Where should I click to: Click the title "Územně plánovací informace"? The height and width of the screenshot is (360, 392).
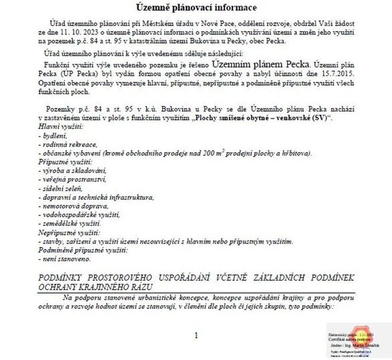tap(196, 7)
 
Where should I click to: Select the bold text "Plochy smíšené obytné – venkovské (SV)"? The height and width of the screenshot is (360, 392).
tap(262, 118)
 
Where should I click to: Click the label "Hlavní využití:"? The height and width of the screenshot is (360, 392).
tap(61, 127)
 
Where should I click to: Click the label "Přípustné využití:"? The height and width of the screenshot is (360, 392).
tap(65, 162)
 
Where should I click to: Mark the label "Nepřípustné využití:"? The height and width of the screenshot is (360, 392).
tap(69, 232)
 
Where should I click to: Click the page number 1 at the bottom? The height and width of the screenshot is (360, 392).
tap(196, 335)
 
